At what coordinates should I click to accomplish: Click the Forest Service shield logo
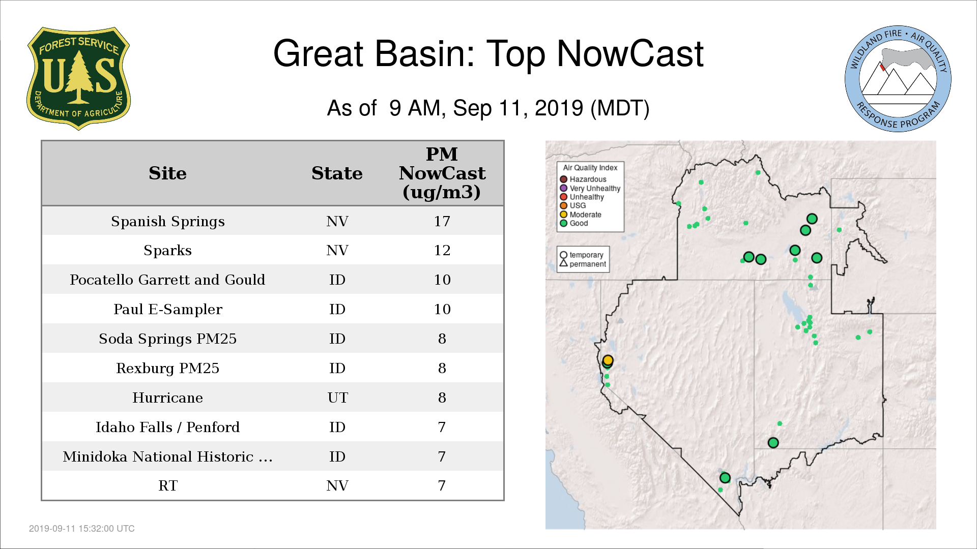tap(78, 78)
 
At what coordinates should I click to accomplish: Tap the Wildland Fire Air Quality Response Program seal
tap(898, 79)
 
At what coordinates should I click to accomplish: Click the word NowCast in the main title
tap(630, 53)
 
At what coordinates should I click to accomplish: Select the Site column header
tap(167, 173)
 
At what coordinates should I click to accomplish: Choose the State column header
tap(337, 173)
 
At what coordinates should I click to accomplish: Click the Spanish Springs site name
tap(168, 222)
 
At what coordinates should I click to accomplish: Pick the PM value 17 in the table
tap(442, 221)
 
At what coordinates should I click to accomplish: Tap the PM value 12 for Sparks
tap(442, 250)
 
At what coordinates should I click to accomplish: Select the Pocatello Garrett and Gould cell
tap(167, 280)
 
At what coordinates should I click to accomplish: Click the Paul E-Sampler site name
tap(168, 310)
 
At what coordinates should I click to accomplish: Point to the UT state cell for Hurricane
tap(337, 398)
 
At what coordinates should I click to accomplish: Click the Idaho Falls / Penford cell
tap(167, 427)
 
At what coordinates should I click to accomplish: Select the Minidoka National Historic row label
tap(167, 456)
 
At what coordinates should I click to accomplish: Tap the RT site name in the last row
tap(168, 486)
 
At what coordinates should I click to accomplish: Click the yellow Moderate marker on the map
tap(608, 360)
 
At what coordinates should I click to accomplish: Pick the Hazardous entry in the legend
tap(583, 179)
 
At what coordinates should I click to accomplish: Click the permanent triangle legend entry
tap(583, 264)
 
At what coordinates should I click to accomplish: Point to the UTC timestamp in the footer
tap(82, 529)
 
